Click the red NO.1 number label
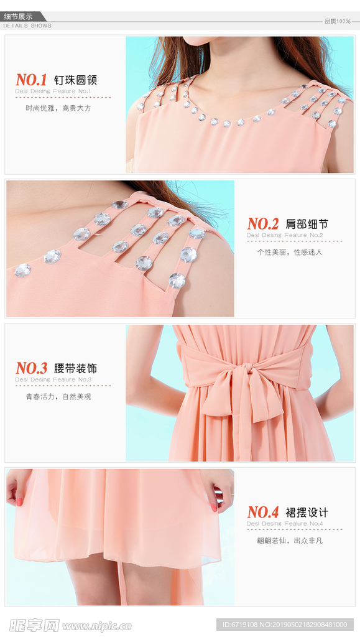coord(31,80)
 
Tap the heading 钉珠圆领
coord(75,80)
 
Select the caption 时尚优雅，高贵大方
coord(58,108)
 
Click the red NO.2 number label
coord(262,224)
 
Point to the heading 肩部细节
coord(307,224)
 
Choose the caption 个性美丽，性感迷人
coord(290,252)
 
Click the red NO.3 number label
coord(31,368)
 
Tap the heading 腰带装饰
coord(75,368)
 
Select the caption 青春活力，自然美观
coord(58,396)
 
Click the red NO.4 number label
coord(262,512)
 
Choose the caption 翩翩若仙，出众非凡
coord(290,541)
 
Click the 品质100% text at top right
coord(338,21)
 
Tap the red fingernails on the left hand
coord(19,501)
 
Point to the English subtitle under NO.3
coord(53,379)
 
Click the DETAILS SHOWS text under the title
coord(27,26)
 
